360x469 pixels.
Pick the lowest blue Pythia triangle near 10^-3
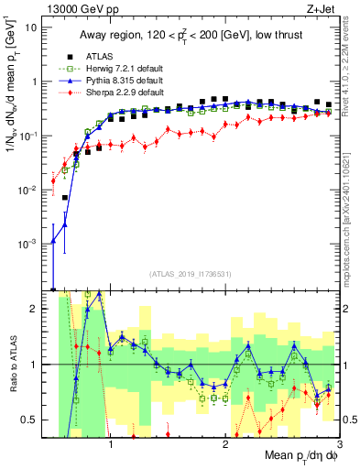[x=53, y=242]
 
